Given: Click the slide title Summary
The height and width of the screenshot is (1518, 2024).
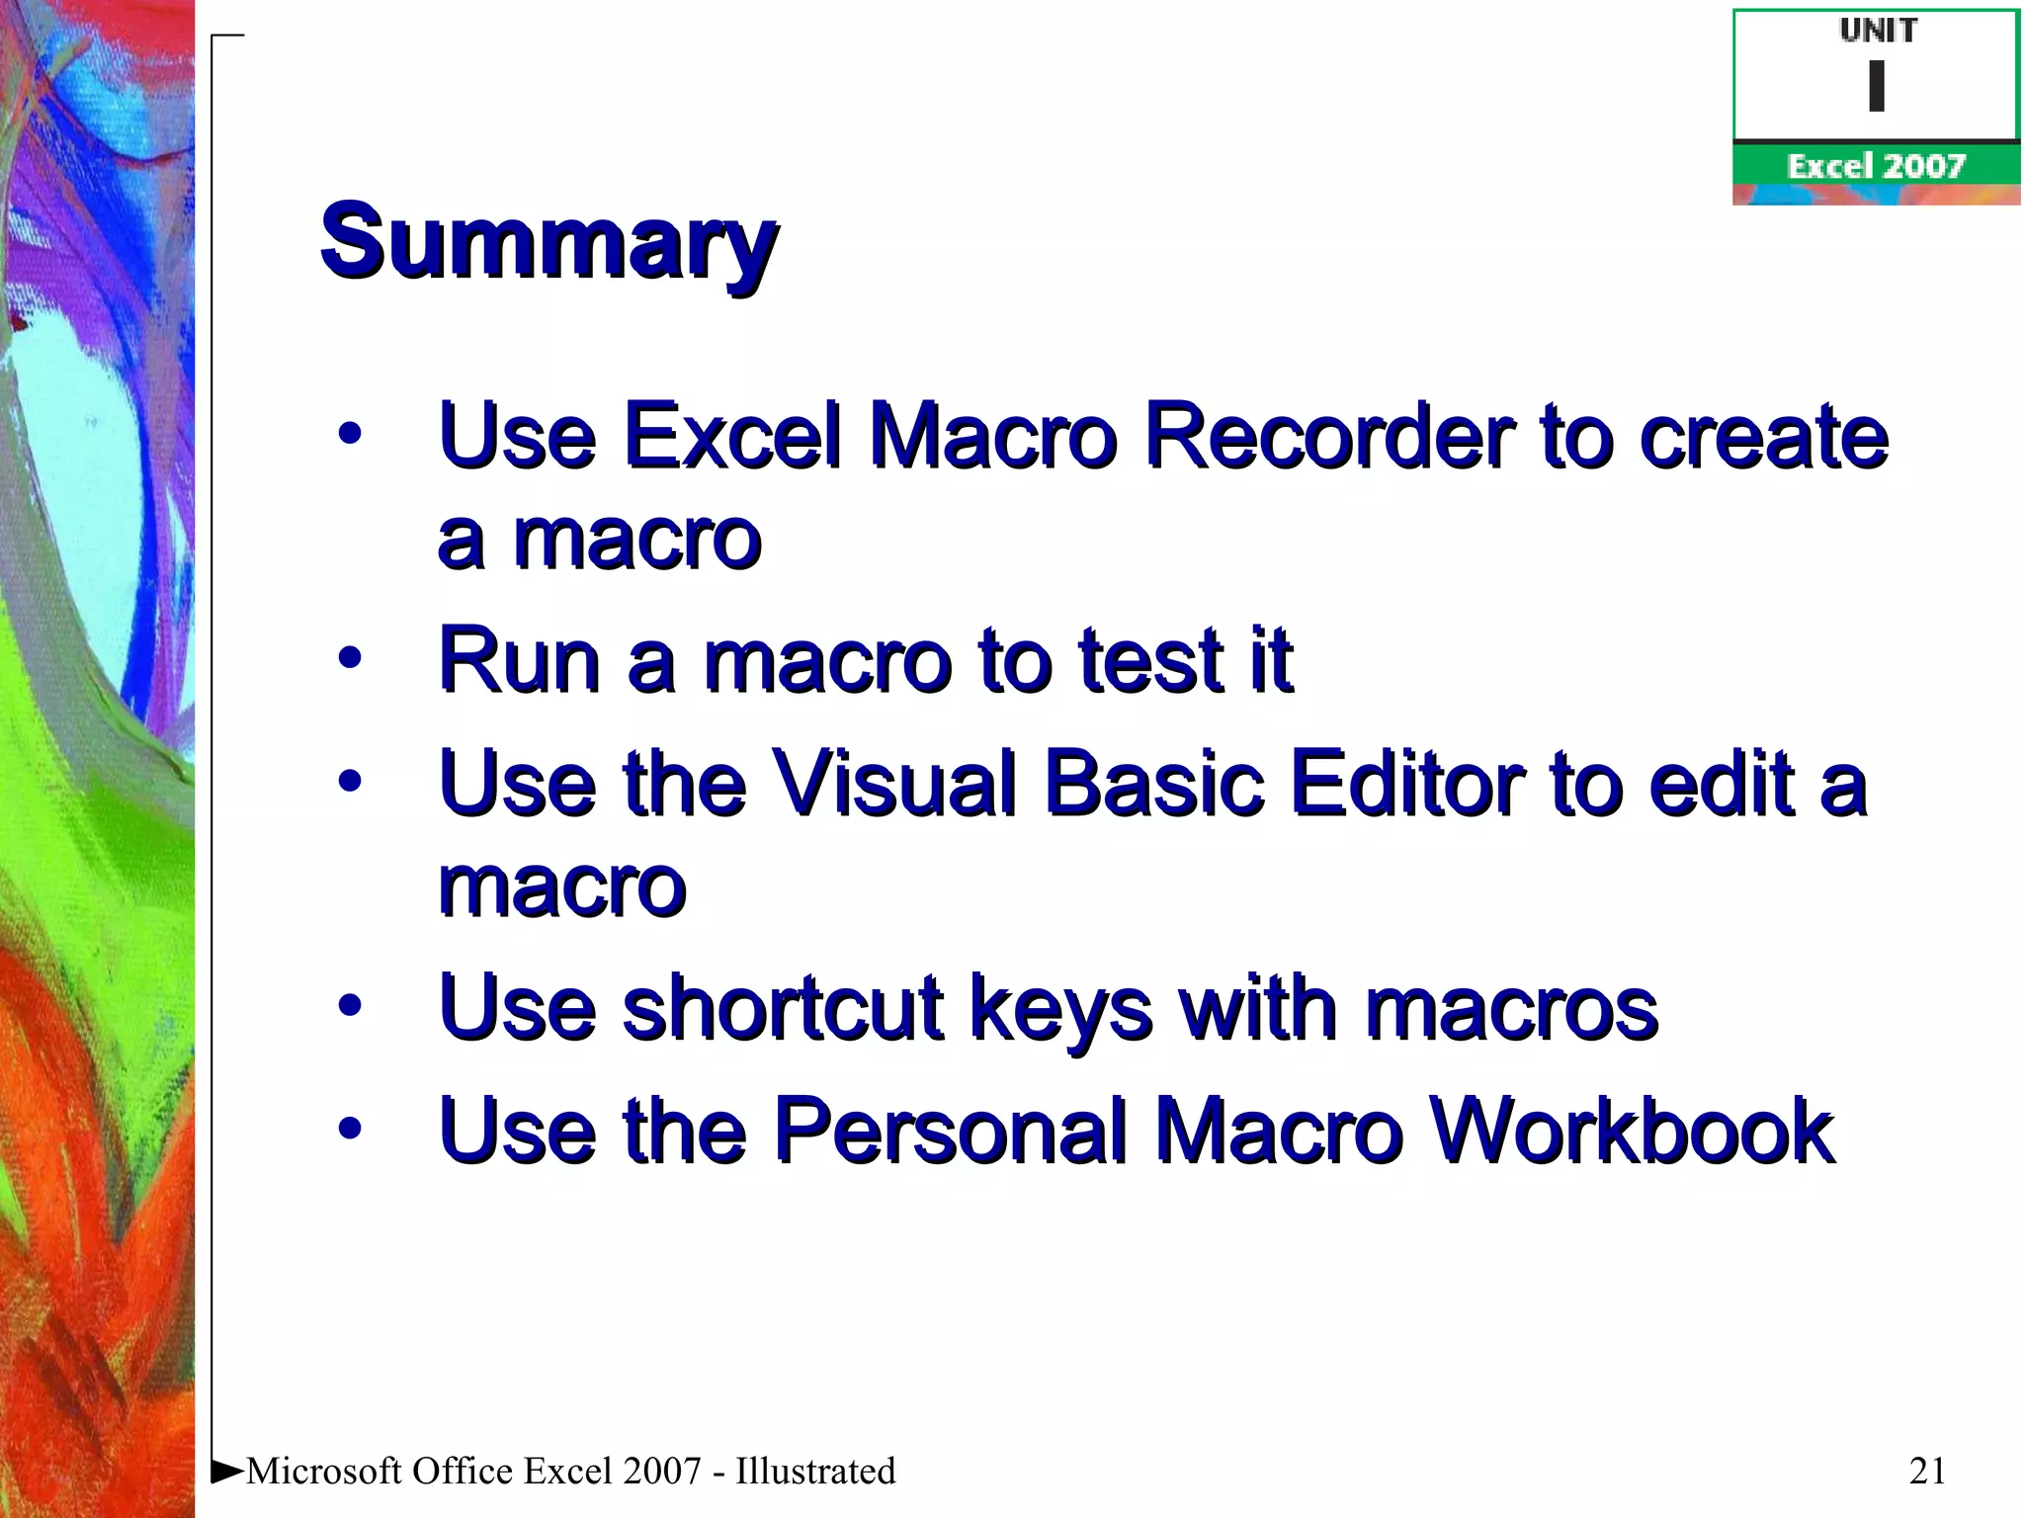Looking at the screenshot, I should click(548, 242).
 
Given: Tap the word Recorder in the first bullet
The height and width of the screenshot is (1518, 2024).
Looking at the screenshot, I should click(1327, 436).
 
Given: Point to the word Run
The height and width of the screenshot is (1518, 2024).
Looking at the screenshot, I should click(520, 660).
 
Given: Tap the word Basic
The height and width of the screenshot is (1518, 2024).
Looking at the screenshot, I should click(1153, 784).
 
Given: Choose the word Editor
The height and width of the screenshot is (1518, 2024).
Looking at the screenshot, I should click(1406, 784).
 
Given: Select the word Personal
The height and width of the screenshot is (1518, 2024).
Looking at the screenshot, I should click(950, 1131).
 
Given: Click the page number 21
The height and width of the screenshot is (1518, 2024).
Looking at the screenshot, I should click(1927, 1471).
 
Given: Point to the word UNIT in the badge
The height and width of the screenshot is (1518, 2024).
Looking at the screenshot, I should click(1878, 32).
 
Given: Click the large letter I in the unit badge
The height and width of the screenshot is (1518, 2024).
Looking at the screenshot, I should click(1877, 86).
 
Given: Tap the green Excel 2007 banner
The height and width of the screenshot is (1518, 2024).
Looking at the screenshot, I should click(1876, 165).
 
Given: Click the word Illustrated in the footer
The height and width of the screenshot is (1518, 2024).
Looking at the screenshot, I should click(815, 1471).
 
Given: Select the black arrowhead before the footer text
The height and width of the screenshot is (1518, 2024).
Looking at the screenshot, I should click(227, 1471).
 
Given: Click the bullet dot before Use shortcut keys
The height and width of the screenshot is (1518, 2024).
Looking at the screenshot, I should click(349, 1006).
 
